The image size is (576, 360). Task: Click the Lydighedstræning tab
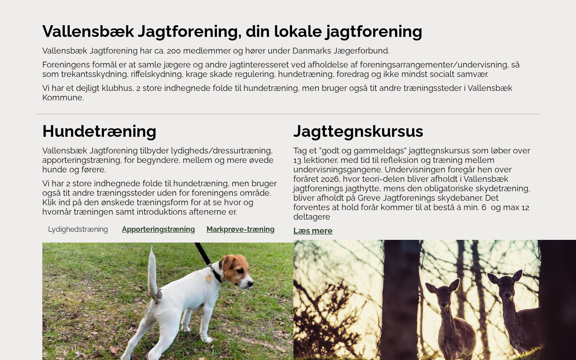78,229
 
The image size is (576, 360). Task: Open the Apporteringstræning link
158,229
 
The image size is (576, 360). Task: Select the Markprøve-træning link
240,229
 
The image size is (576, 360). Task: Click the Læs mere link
313,231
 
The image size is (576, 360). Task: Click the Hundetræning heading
99,131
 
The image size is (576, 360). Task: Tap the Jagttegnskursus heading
358,131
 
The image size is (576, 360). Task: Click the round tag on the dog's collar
209,278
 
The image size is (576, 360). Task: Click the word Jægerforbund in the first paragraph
364,51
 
